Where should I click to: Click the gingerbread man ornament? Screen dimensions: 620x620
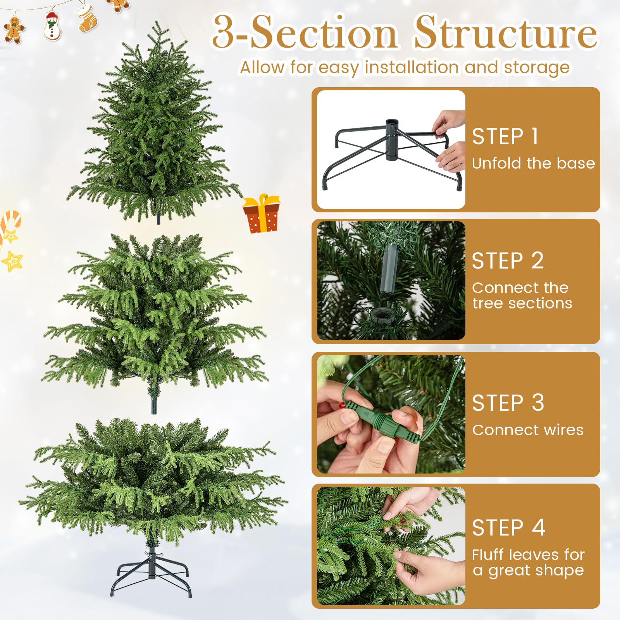14,29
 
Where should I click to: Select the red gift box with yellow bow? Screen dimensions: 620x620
262,214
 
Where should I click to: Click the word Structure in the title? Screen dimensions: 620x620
506,33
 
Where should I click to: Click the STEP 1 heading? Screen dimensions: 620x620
505,136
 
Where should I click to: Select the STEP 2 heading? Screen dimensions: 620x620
508,260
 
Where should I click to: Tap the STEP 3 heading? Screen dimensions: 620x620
508,403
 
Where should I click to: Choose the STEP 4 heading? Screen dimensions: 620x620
508,527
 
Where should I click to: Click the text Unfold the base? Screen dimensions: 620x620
533,163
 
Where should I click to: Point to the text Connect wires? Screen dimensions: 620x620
528,430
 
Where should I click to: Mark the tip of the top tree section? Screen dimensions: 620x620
157,22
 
